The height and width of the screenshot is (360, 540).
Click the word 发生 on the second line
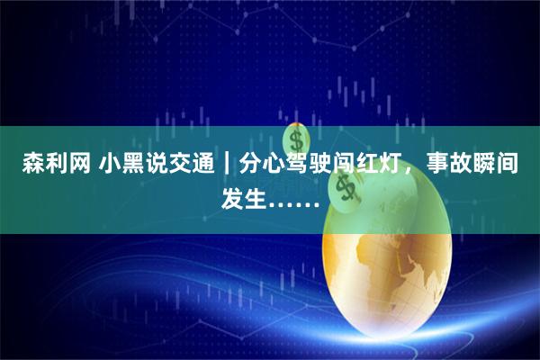click(x=245, y=194)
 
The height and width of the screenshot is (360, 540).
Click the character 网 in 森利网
click(x=79, y=166)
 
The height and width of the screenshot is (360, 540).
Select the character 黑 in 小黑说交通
click(x=132, y=166)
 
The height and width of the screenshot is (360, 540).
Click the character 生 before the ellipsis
click(x=257, y=194)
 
